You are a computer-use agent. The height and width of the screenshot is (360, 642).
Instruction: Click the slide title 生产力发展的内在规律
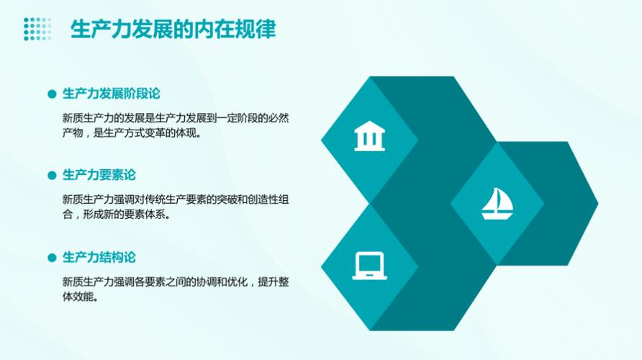tap(172, 30)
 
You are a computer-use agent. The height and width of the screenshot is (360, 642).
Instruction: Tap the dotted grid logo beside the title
tap(37, 29)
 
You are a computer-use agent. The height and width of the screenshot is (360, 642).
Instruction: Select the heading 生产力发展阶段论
tap(111, 94)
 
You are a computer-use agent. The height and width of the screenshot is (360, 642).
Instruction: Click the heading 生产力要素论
tap(99, 175)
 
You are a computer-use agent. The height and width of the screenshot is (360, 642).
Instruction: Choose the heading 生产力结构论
tap(99, 257)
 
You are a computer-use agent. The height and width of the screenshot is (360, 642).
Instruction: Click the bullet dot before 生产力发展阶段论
tap(51, 94)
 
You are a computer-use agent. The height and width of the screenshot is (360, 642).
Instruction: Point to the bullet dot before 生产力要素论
tap(51, 176)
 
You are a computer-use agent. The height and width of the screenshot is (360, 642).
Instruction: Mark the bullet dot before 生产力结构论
tap(51, 258)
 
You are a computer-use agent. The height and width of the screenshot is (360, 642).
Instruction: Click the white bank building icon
tap(369, 136)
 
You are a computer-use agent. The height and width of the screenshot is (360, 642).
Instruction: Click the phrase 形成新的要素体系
tap(127, 215)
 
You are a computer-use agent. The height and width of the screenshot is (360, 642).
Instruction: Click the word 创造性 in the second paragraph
tap(262, 199)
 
